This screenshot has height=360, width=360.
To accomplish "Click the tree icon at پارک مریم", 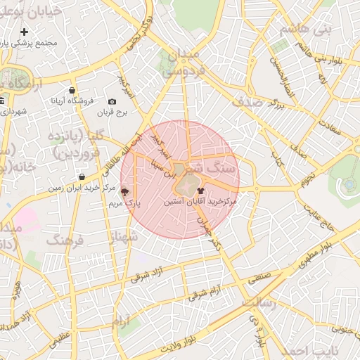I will tap(125, 191).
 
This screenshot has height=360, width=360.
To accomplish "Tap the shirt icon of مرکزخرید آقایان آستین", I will tap(201, 190).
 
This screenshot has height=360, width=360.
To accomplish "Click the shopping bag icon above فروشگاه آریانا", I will tap(72, 90).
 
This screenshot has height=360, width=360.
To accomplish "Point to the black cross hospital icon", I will tap(25, 32).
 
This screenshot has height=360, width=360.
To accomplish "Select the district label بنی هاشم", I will tap(305, 30).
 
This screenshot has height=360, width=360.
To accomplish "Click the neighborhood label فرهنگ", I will tap(65, 240).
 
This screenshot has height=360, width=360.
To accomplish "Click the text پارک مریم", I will tap(124, 202).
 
